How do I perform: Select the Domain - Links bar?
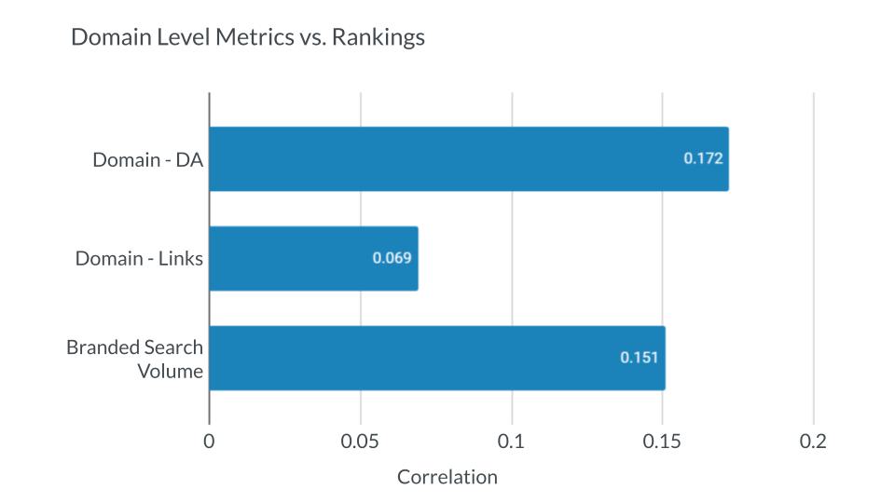313,258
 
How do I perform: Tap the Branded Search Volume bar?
436,358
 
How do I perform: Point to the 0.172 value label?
703,158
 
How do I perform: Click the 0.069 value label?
392,258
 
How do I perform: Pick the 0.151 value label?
640,357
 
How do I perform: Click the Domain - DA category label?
147,159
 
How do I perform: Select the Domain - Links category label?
139,258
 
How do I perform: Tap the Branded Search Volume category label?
134,358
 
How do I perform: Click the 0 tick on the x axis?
209,442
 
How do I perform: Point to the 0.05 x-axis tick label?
360,442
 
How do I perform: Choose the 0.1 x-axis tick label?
512,442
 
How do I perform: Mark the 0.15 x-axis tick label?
663,442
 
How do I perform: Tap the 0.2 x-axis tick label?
814,442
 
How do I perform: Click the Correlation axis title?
447,477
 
